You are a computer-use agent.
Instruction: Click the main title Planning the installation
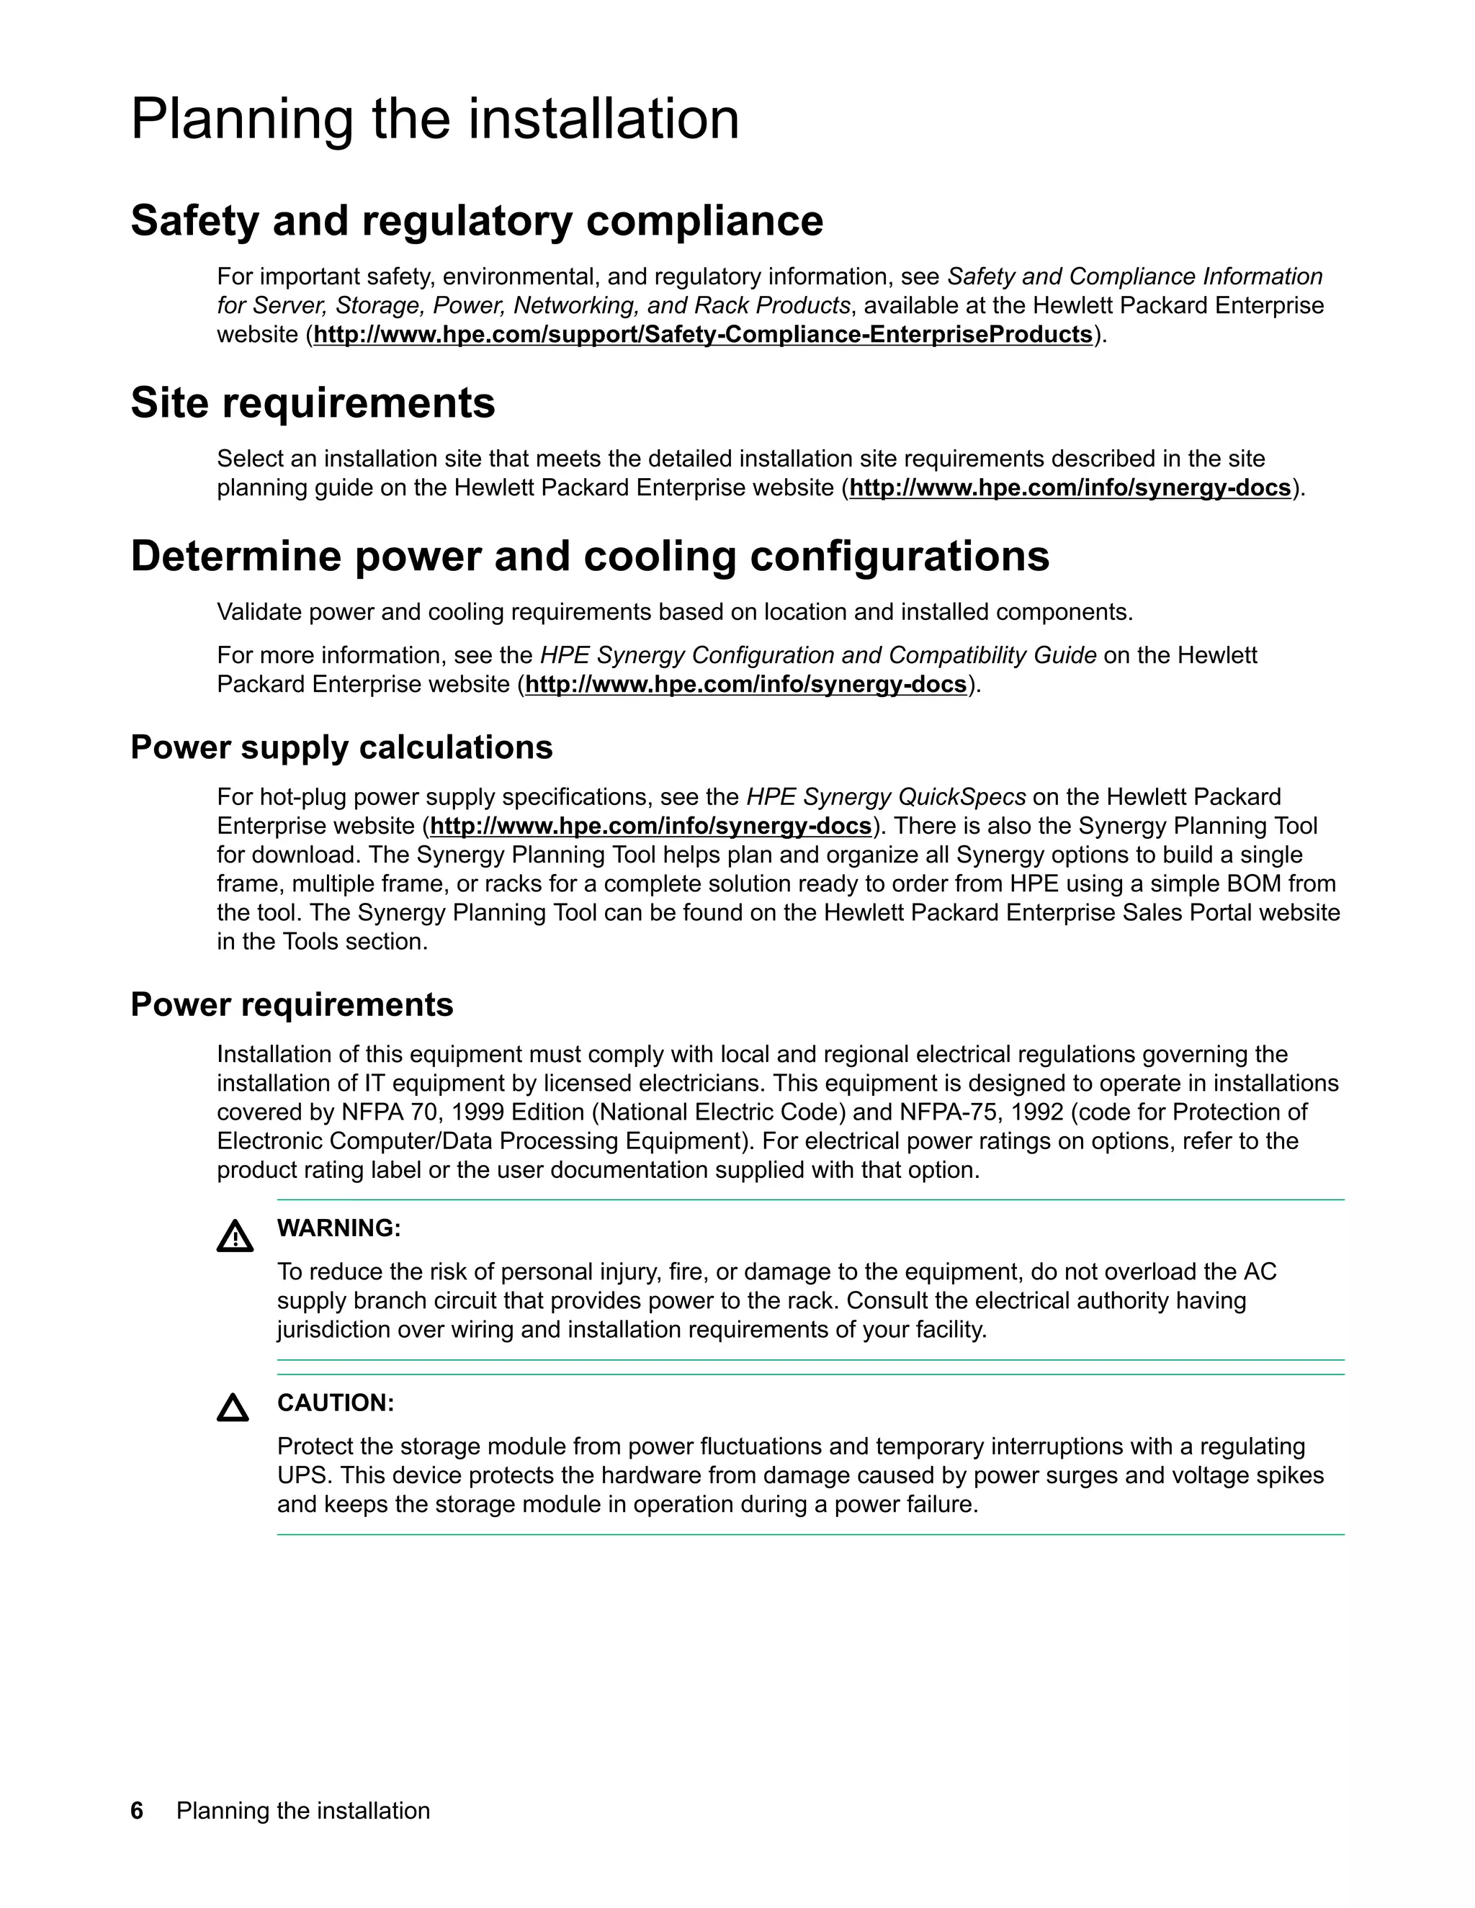(x=434, y=120)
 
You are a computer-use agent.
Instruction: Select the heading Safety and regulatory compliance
(x=476, y=220)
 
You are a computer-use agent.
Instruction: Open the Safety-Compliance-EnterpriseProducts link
(x=702, y=335)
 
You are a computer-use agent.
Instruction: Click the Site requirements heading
(x=312, y=402)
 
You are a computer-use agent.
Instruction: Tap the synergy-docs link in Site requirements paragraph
(x=1070, y=487)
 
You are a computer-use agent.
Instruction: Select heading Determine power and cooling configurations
(x=589, y=557)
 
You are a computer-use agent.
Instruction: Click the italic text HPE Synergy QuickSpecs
(x=885, y=797)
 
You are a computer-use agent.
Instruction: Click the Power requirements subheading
(x=291, y=1004)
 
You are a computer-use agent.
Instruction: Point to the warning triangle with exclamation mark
(x=234, y=1237)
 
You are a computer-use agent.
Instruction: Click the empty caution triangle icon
(x=233, y=1408)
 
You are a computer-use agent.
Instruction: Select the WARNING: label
(x=339, y=1228)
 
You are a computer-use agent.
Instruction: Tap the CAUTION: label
(x=335, y=1403)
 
